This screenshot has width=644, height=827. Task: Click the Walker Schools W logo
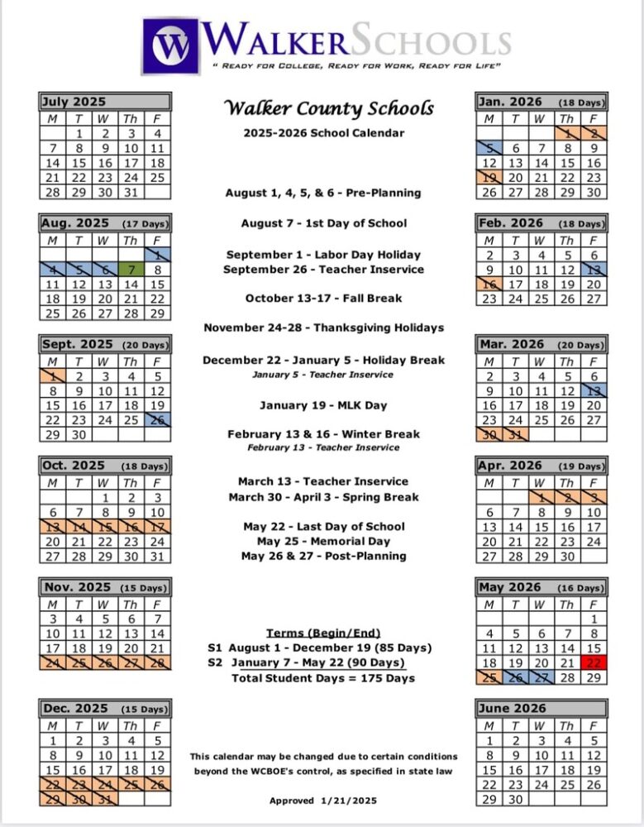coord(171,46)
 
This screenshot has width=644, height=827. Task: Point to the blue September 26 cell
coord(157,421)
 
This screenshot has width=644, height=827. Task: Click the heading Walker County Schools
coord(329,108)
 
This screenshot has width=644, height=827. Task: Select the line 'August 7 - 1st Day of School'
coord(324,223)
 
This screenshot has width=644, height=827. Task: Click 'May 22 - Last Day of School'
coord(324,526)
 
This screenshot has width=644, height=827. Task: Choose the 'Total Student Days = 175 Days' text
coord(323,678)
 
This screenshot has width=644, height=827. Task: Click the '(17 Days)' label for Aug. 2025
coord(145,224)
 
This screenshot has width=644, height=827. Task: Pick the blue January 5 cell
coord(490,148)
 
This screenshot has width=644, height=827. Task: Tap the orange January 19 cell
coord(490,178)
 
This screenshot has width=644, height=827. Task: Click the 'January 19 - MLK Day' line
coord(323,405)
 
